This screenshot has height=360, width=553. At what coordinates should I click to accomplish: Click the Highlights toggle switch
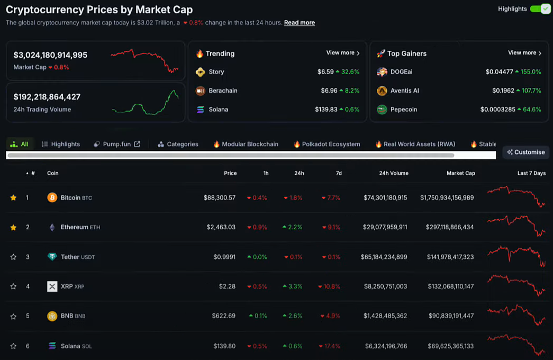[540, 9]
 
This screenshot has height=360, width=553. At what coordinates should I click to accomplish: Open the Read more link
[300, 23]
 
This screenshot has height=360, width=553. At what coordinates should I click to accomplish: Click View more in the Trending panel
[343, 53]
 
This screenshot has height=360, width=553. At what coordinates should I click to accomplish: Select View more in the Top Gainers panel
[524, 53]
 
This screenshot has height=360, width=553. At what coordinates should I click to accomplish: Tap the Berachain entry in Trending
[223, 91]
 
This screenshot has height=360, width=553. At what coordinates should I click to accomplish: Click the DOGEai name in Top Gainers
[401, 71]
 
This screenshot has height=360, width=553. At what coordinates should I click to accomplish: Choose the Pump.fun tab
[117, 144]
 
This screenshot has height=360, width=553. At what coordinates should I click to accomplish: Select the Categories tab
[182, 144]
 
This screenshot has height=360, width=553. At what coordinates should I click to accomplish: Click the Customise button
[525, 152]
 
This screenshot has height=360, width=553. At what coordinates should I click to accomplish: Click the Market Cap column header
[460, 173]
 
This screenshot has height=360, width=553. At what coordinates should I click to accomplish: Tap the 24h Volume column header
[393, 173]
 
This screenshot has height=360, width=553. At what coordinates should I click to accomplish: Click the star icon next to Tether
[13, 257]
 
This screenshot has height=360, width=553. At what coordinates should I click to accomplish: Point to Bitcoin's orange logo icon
[52, 197]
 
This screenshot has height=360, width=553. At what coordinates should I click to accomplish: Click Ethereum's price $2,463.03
[221, 227]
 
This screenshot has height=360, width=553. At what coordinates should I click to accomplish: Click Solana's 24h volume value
[386, 346]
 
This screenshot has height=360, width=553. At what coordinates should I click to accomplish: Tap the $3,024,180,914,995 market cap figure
[50, 55]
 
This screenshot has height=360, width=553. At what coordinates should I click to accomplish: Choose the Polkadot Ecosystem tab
[331, 144]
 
